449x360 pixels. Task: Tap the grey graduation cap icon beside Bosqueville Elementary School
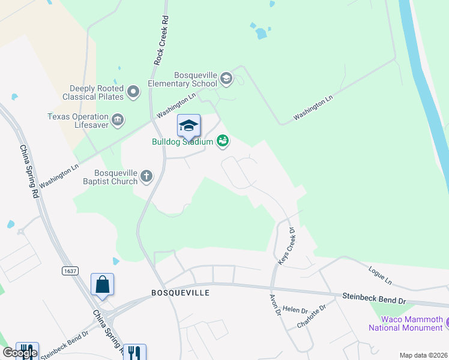tap(226, 77)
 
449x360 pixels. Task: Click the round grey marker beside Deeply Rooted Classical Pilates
tap(133, 92)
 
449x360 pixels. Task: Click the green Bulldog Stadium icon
tap(223, 141)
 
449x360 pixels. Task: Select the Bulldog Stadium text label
tap(182, 142)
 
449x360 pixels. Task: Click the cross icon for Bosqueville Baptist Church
tap(146, 176)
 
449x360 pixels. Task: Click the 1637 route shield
tap(70, 271)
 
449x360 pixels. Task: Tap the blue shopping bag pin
tap(102, 284)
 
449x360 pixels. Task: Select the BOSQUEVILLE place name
tap(180, 293)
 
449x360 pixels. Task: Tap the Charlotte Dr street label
tap(311, 316)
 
